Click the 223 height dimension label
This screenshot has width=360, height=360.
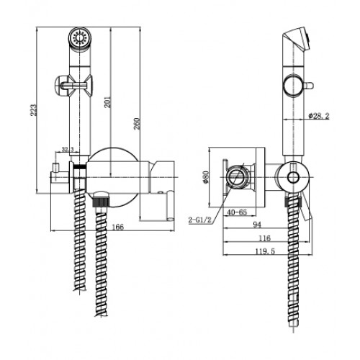(34, 110)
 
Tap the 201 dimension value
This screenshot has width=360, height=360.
(108, 102)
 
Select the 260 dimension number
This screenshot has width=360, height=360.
(137, 124)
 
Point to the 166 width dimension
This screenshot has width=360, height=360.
(118, 227)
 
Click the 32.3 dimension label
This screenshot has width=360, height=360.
(68, 150)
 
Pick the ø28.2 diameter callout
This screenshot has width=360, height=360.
(319, 116)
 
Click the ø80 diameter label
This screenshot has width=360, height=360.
(206, 177)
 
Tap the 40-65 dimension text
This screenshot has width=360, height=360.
(237, 212)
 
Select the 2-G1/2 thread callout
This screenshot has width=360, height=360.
(199, 220)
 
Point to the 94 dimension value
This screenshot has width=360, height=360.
(257, 225)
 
